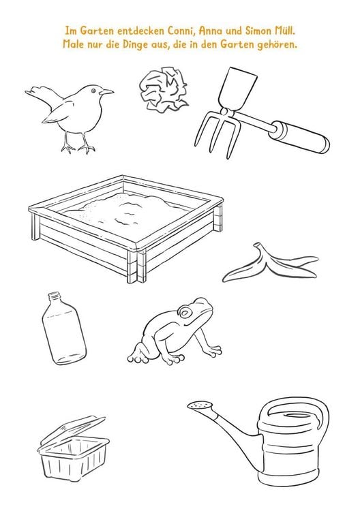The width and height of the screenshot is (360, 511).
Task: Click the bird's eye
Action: click(x=94, y=91)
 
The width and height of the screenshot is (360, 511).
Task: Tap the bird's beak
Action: click(x=106, y=92)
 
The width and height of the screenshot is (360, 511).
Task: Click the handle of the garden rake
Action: click(x=301, y=136)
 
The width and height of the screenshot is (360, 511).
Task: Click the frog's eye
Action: click(x=185, y=313)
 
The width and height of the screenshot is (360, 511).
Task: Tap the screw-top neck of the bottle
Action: click(x=54, y=298)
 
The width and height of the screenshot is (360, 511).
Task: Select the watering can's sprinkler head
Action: click(x=200, y=405)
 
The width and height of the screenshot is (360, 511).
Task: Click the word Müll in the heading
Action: click(x=285, y=31)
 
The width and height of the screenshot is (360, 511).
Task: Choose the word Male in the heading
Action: click(x=74, y=44)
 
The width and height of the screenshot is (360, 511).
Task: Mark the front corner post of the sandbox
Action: click(x=136, y=264)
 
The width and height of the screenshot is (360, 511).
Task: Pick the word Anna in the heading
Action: click(x=211, y=31)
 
